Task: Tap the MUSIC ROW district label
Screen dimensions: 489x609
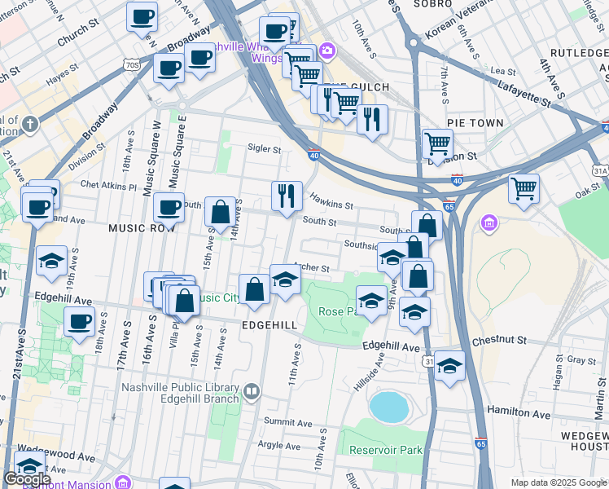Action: click(x=142, y=229)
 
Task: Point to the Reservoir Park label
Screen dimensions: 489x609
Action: click(x=386, y=450)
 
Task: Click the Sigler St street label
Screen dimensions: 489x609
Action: click(x=265, y=149)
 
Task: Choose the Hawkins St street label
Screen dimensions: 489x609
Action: click(x=331, y=200)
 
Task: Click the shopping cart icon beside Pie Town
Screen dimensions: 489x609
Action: click(x=437, y=143)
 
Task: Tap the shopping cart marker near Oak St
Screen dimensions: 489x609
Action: click(x=524, y=187)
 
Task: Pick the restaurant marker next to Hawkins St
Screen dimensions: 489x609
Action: click(x=286, y=196)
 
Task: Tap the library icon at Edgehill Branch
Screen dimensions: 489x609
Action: click(x=252, y=392)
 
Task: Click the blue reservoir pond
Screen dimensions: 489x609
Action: click(x=388, y=407)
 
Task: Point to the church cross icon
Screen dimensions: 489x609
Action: click(x=30, y=124)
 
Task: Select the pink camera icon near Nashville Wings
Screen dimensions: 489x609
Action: click(x=327, y=51)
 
